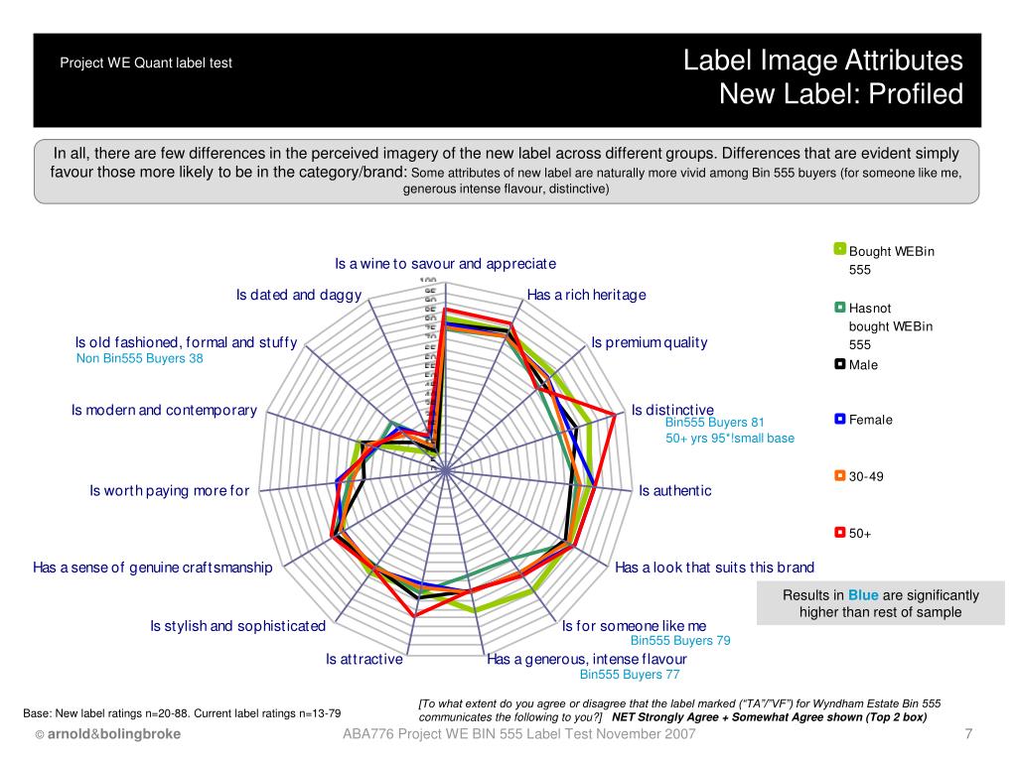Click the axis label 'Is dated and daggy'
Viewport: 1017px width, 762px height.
[x=298, y=295]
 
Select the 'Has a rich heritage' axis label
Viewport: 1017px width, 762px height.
[x=586, y=295]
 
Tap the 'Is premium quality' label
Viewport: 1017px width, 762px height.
[x=650, y=342]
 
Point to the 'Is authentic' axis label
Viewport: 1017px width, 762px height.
[x=674, y=490]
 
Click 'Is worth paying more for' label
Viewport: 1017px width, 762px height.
[x=169, y=490]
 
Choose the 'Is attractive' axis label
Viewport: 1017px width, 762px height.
[x=364, y=659]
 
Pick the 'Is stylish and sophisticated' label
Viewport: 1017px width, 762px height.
[x=237, y=626]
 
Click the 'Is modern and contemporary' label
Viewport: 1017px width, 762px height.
[x=164, y=410]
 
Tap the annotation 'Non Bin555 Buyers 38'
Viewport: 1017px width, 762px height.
[x=139, y=359]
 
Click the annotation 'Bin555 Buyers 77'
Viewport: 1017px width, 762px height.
[x=630, y=675]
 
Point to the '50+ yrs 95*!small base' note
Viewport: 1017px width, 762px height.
[x=730, y=438]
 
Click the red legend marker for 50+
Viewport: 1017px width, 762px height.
[x=839, y=533]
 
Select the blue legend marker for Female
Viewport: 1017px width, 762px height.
[x=839, y=420]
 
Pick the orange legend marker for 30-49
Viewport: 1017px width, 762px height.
[x=839, y=476]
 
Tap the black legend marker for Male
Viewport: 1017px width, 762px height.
[x=839, y=364]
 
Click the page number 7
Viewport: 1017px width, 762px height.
[x=967, y=734]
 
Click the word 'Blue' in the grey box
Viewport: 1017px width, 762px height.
[x=863, y=595]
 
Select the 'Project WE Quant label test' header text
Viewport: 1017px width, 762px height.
[x=146, y=63]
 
